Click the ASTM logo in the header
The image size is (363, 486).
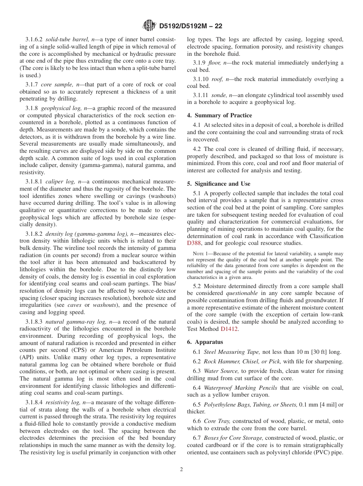pos(149,26)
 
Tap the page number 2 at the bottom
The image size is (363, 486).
pos(181,470)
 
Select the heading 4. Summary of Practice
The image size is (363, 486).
pos(219,115)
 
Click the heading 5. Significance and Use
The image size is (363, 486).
pos(219,183)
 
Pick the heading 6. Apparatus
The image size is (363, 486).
pos(205,342)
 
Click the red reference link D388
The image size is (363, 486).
pos(194,243)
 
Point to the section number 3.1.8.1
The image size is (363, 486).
pos(34,182)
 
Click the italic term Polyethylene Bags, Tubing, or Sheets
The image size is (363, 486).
pos(250,404)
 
